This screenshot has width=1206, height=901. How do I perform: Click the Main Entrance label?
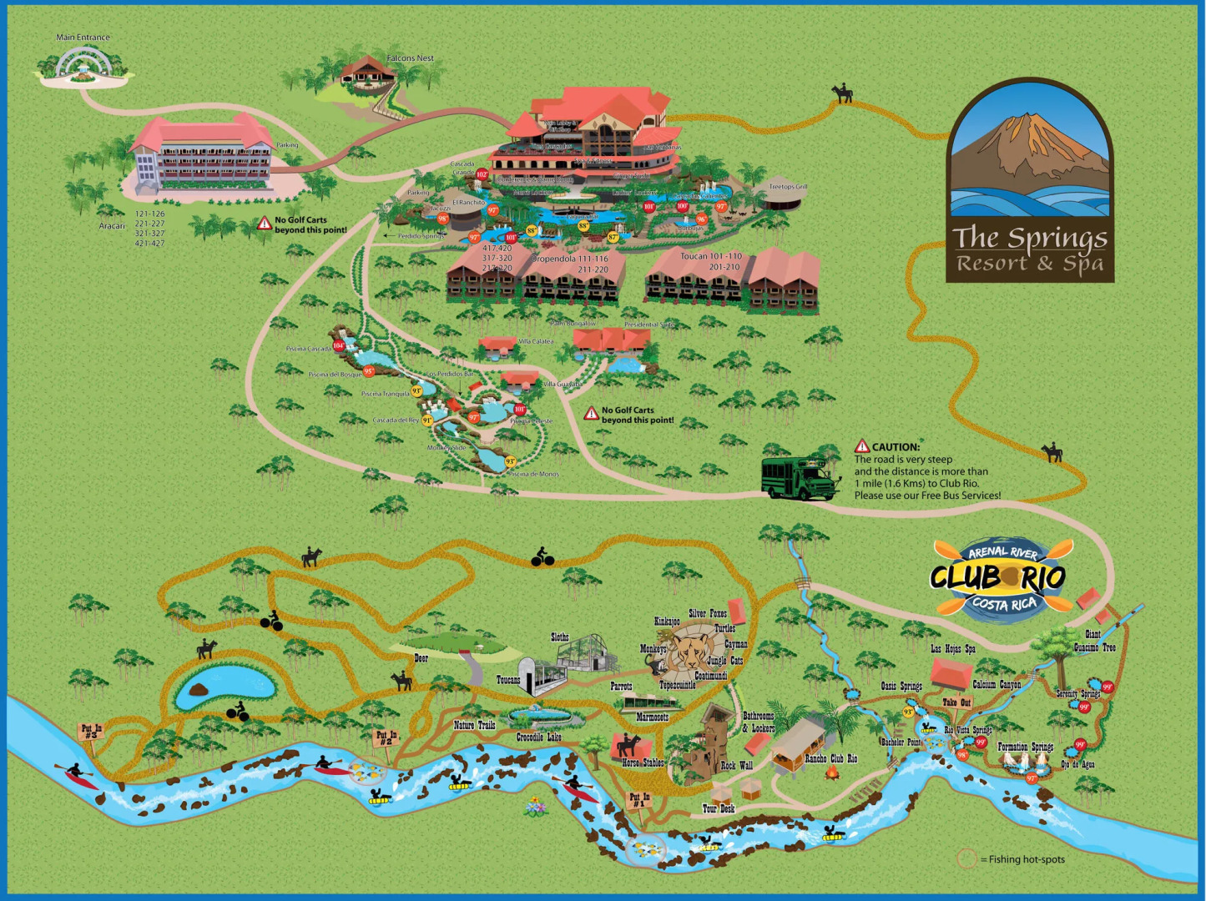(x=83, y=38)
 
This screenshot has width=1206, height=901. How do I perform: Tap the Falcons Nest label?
(x=410, y=58)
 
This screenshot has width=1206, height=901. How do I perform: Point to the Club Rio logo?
(x=998, y=577)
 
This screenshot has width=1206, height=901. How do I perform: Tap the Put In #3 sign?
(x=91, y=732)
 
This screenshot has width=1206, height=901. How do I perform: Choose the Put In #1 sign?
(x=639, y=800)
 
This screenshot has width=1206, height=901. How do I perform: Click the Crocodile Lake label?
(x=538, y=737)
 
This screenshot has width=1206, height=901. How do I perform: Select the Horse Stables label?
(x=643, y=763)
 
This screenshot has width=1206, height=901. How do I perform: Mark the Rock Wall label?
(x=736, y=765)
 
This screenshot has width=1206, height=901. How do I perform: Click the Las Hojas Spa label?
(x=953, y=648)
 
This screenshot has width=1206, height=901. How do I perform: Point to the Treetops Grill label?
(x=787, y=187)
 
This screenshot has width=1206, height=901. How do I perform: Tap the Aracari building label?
(x=112, y=226)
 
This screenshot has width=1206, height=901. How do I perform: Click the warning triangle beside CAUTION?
(x=862, y=447)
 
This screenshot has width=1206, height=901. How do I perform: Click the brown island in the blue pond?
(x=198, y=690)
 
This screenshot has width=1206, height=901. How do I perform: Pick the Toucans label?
(x=508, y=680)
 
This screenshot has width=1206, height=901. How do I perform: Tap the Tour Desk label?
(x=718, y=808)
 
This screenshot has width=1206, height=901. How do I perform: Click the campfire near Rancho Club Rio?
(x=832, y=773)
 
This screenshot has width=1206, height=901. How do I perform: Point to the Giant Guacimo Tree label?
(x=1094, y=641)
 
